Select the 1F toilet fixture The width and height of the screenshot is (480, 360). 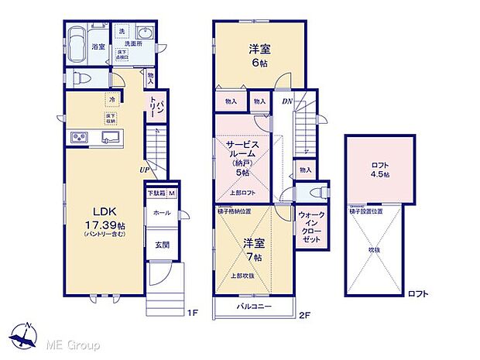tap(83, 77)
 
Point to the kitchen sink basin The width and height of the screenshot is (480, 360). tap(111, 138)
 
